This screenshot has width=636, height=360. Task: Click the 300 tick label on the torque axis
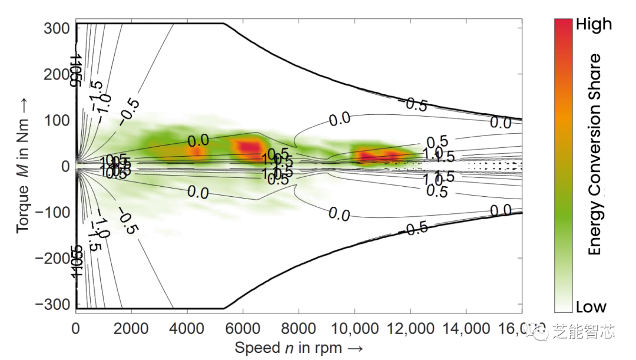point(57,28)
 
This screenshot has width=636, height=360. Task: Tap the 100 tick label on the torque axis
point(57,120)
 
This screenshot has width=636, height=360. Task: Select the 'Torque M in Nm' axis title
point(23,166)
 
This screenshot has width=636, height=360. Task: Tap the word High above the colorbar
point(594,24)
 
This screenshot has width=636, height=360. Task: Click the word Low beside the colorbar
point(591,306)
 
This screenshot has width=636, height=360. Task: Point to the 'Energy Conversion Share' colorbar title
point(595,154)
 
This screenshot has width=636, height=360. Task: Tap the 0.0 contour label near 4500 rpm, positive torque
point(198,140)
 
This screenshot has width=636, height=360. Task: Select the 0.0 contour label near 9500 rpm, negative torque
point(339,215)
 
